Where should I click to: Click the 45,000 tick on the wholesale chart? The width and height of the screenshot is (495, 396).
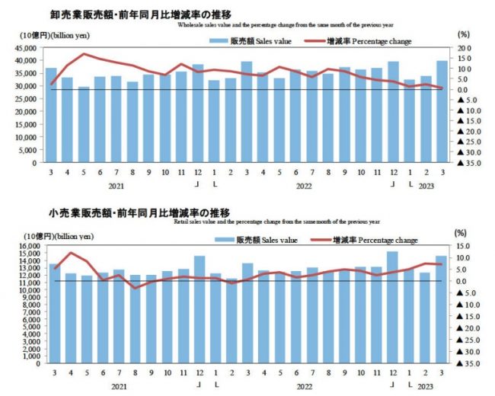point(25,48)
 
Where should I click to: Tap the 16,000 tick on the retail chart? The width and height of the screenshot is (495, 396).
point(25,246)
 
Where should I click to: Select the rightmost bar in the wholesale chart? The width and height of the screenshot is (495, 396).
point(442,111)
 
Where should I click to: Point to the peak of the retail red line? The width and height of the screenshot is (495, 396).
point(71,253)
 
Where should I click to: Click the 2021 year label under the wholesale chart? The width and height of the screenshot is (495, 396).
point(116,185)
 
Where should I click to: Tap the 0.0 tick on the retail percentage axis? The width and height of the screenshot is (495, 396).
point(464,281)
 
